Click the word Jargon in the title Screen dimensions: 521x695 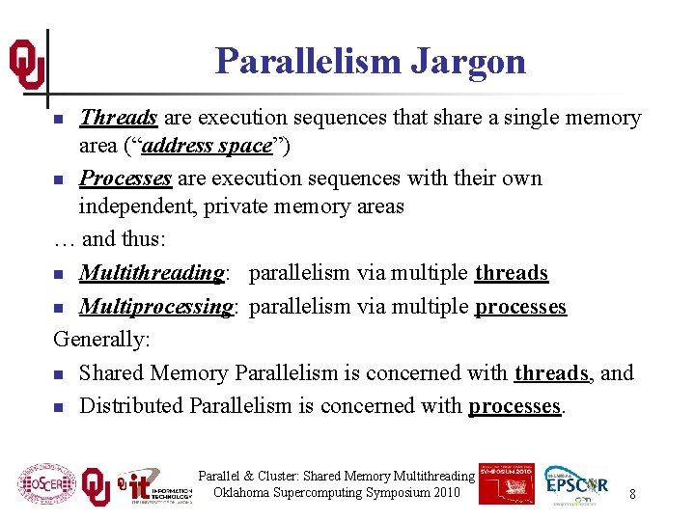click(468, 61)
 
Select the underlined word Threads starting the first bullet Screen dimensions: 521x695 click(118, 118)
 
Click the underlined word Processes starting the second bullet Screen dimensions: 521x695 click(125, 178)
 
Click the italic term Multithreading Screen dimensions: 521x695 click(152, 273)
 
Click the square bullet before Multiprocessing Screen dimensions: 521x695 click(59, 308)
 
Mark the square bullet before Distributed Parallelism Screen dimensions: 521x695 click(59, 407)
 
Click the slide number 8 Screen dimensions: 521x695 click(632, 494)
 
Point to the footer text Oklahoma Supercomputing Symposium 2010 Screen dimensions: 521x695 click(337, 493)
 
